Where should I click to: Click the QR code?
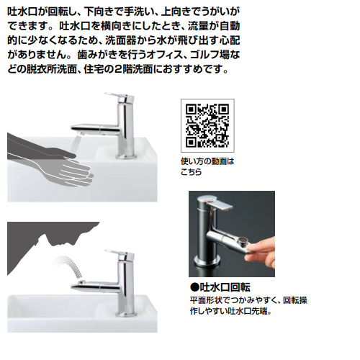pyautogui.click(x=207, y=125)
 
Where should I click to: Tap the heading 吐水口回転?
pyautogui.click(x=225, y=287)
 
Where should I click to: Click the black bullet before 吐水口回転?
pyautogui.click(x=194, y=287)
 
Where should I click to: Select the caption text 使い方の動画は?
pyautogui.click(x=207, y=161)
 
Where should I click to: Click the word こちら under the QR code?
pyautogui.click(x=192, y=172)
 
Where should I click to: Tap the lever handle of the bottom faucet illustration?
pyautogui.click(x=118, y=253)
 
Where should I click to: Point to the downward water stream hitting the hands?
pyautogui.click(x=75, y=144)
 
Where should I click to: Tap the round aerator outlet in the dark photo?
pyautogui.click(x=243, y=240)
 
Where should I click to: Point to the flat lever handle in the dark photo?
pyautogui.click(x=219, y=204)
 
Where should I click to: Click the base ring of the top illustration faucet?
pyautogui.click(x=127, y=156)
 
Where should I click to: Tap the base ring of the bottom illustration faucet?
pyautogui.click(x=127, y=314)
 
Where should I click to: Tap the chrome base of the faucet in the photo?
pyautogui.click(x=207, y=261)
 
